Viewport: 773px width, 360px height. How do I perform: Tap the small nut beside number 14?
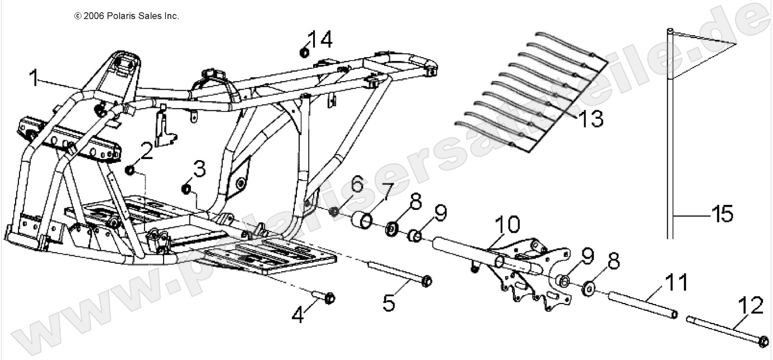304,53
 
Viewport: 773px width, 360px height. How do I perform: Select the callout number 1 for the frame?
35,78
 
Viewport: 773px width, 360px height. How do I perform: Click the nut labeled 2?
129,170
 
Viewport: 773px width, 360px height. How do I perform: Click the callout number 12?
751,306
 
